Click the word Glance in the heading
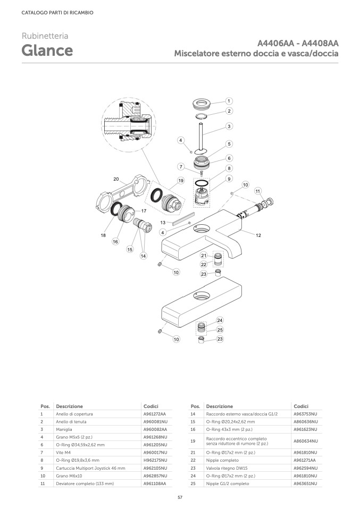(x=47, y=51)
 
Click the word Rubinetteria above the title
(x=45, y=36)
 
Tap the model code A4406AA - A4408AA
(x=298, y=44)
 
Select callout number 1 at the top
(x=229, y=101)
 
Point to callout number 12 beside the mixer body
(x=258, y=235)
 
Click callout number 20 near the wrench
(x=116, y=179)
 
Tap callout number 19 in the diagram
(x=181, y=181)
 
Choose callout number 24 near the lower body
(x=220, y=320)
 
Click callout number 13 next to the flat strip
(x=163, y=223)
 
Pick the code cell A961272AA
(x=155, y=414)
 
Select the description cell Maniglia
(x=64, y=429)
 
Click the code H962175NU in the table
(x=155, y=460)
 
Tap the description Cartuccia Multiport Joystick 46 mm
(x=90, y=468)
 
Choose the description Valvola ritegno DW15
(x=227, y=468)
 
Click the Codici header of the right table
(x=301, y=406)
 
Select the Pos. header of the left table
(x=45, y=406)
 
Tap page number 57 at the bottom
(x=180, y=497)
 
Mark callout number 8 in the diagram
(x=229, y=168)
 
